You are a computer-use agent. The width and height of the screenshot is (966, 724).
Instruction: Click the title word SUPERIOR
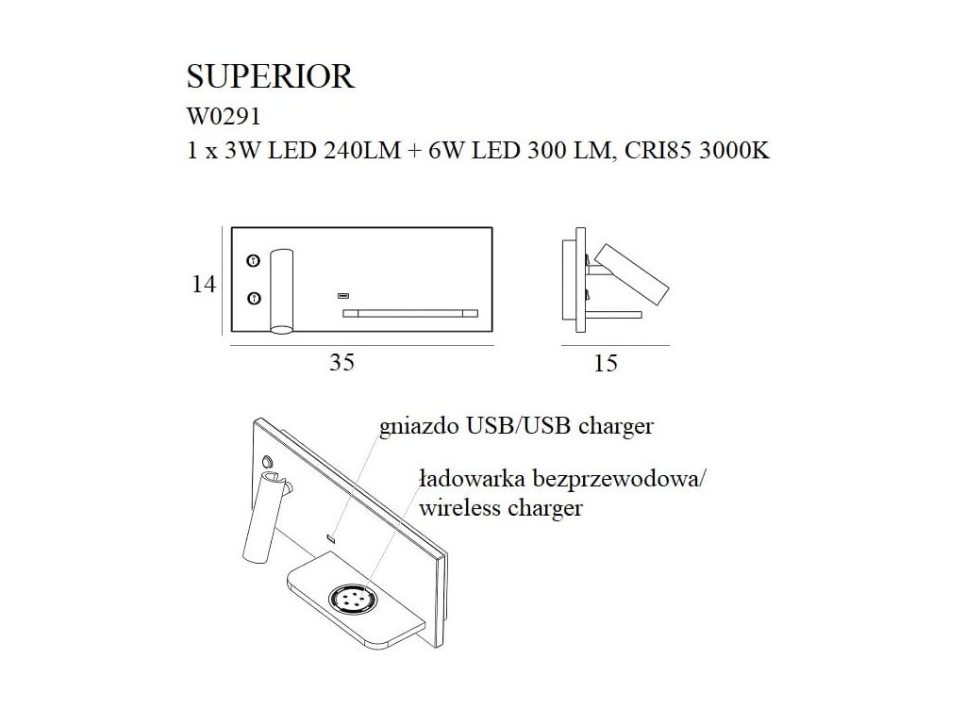pyautogui.click(x=272, y=75)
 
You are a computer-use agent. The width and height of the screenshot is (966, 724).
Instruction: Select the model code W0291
pyautogui.click(x=225, y=118)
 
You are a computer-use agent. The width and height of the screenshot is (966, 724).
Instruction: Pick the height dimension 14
pyautogui.click(x=204, y=283)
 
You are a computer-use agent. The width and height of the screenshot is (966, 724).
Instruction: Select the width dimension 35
pyautogui.click(x=342, y=362)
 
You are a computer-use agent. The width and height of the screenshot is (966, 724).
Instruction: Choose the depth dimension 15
pyautogui.click(x=607, y=363)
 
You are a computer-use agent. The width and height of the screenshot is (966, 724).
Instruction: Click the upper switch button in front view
pyautogui.click(x=253, y=260)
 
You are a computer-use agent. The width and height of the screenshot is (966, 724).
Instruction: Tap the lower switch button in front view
pyautogui.click(x=253, y=299)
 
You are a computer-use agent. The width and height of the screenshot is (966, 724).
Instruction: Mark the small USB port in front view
pyautogui.click(x=343, y=296)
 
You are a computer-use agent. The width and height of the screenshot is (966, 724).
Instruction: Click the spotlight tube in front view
pyautogui.click(x=282, y=290)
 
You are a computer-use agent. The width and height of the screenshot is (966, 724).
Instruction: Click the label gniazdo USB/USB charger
pyautogui.click(x=515, y=427)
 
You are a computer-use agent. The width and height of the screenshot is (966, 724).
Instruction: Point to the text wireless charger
pyautogui.click(x=500, y=509)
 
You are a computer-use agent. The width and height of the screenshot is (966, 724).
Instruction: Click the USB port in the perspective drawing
pyautogui.click(x=331, y=538)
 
